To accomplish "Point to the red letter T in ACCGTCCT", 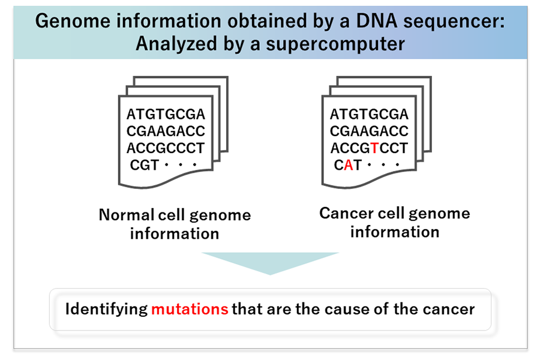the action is (374, 148).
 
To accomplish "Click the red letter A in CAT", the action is (348, 165).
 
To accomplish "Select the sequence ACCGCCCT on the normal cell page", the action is (166, 148).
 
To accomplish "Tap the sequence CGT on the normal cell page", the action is (144, 165).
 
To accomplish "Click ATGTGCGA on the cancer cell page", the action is (369, 114).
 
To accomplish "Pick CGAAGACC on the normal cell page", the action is (166, 131).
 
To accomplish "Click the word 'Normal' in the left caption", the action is (127, 215).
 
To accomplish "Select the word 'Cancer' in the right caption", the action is (346, 213).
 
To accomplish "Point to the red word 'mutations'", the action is (190, 309).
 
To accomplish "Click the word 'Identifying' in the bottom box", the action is (106, 310).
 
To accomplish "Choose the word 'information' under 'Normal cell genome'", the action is (175, 233).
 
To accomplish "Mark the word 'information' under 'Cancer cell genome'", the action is (395, 232).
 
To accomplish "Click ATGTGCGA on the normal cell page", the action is (166, 114).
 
